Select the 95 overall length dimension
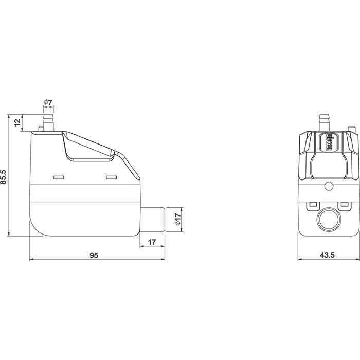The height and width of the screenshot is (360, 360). [94, 255]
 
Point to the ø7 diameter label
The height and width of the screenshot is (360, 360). [48, 102]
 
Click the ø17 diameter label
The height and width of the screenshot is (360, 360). [178, 219]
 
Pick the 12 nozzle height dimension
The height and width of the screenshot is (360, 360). [17, 122]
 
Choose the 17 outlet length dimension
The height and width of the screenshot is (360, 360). [152, 242]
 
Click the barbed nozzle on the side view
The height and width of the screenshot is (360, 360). [48, 122]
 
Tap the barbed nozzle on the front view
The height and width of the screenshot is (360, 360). [324, 122]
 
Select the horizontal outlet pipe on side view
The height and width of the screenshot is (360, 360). [152, 220]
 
